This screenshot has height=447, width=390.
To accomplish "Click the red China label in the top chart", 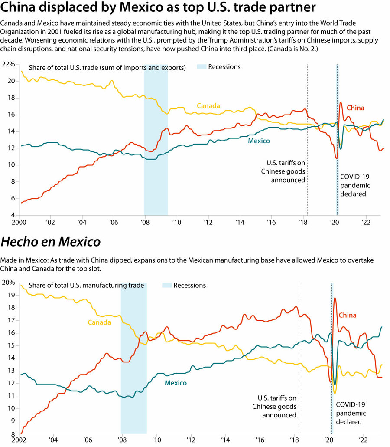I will pyautogui.click(x=355, y=108).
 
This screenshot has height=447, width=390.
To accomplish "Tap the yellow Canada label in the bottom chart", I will pyautogui.click(x=99, y=322).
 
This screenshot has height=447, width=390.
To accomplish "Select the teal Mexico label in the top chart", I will pyautogui.click(x=259, y=141).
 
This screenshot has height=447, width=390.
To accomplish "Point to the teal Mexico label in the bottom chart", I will pyautogui.click(x=175, y=383).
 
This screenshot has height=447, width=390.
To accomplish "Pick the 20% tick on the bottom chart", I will pyautogui.click(x=8, y=283).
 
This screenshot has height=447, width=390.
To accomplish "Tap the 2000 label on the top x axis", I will pyautogui.click(x=19, y=222).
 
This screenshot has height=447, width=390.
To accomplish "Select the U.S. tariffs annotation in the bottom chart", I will pyautogui.click(x=277, y=406).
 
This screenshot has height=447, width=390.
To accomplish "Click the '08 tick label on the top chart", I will pyautogui.click(x=144, y=222).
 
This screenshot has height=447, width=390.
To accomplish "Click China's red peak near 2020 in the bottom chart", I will pyautogui.click(x=335, y=299).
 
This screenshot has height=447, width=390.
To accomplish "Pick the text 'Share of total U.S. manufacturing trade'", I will pyautogui.click(x=86, y=286).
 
